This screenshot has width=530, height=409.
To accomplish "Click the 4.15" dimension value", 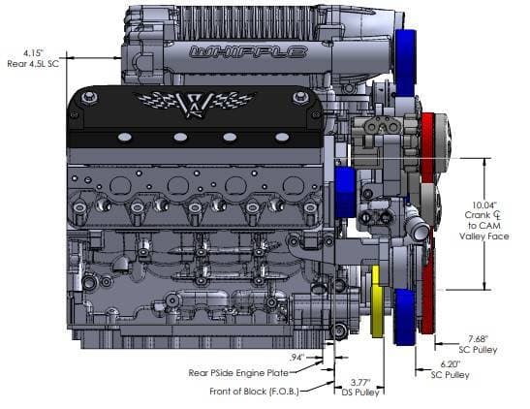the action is coord(34,53).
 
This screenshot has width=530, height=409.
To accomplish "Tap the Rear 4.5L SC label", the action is coord(33,64).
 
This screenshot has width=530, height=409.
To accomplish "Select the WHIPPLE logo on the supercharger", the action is coord(248,52).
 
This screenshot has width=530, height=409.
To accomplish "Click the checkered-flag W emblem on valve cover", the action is coord(195,104).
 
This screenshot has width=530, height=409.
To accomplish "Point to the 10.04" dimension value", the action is coord(484,204).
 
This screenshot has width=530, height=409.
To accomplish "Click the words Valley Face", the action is coord(484,236).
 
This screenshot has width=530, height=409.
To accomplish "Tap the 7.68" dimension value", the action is coord(478,338).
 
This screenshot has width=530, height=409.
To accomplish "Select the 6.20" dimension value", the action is coord(451,364).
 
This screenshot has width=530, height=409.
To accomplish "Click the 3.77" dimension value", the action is coord(360,383).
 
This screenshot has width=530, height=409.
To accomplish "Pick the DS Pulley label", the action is coord(360,393).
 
